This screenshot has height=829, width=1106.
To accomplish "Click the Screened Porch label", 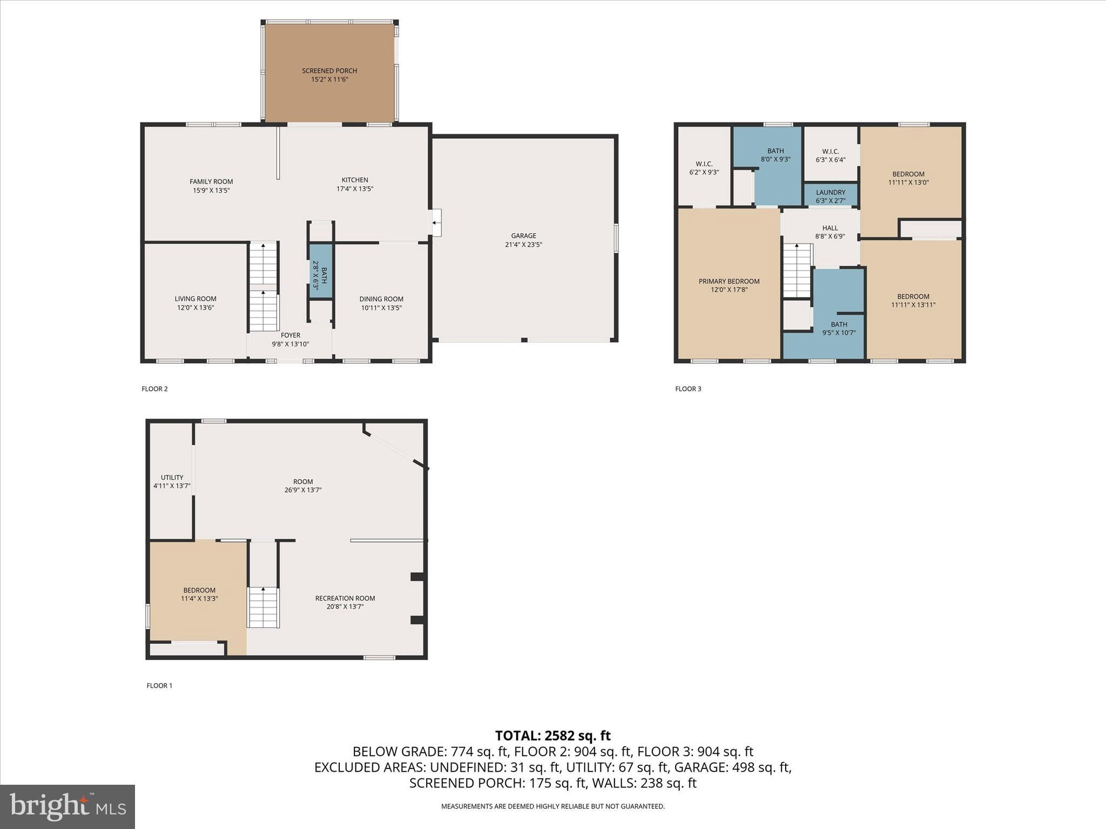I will pyautogui.click(x=329, y=71).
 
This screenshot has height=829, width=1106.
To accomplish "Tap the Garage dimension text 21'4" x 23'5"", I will pyautogui.click(x=523, y=244).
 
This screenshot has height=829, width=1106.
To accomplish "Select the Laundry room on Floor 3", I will pyautogui.click(x=830, y=196).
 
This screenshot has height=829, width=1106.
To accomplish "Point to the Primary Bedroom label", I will pyautogui.click(x=729, y=281).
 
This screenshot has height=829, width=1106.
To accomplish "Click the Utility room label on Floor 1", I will pyautogui.click(x=172, y=477).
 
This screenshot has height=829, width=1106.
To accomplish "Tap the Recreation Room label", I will pyautogui.click(x=345, y=598).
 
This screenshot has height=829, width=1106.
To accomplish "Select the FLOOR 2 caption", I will pyautogui.click(x=154, y=389).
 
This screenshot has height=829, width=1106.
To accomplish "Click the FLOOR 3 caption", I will pyautogui.click(x=688, y=389).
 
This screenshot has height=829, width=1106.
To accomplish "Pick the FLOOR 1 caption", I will pyautogui.click(x=159, y=685).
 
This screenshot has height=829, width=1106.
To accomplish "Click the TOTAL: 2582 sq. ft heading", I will pyautogui.click(x=552, y=736).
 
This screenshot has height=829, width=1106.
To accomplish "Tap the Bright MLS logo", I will pyautogui.click(x=68, y=806).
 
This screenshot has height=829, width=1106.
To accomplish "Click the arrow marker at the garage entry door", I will pyautogui.click(x=434, y=222).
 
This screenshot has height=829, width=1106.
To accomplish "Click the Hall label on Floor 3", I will pyautogui.click(x=829, y=228).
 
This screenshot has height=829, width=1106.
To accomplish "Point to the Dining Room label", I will pyautogui.click(x=381, y=299).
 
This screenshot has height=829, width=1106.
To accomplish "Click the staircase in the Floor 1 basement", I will pyautogui.click(x=263, y=607).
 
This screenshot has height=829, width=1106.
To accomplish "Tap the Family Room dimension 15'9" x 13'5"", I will pyautogui.click(x=211, y=191).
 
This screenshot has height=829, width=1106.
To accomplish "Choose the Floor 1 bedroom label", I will pyautogui.click(x=199, y=590).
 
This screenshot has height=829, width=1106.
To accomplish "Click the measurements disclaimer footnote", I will pyautogui.click(x=552, y=806).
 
